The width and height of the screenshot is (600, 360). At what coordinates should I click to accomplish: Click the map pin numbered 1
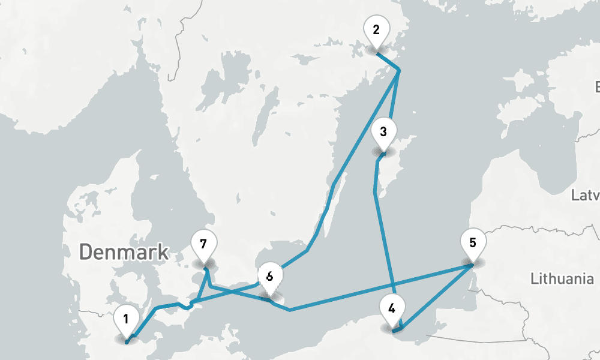[126, 320]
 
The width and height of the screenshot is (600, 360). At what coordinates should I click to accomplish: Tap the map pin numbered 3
[383, 132]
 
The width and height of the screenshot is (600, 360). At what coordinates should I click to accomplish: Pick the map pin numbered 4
[392, 310]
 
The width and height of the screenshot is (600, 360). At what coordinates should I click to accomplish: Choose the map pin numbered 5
[473, 244]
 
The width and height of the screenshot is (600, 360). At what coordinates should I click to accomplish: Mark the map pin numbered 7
[203, 245]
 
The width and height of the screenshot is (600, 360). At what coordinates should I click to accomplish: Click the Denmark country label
[124, 252]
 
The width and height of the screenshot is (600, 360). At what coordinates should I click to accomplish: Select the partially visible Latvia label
[585, 196]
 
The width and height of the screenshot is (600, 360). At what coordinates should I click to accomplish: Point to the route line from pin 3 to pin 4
[385, 252]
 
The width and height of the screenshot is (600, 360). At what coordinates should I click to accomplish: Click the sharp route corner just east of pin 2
[399, 71]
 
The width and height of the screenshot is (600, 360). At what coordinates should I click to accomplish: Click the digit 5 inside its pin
[473, 243]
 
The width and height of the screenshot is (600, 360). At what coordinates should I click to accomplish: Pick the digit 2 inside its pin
[376, 30]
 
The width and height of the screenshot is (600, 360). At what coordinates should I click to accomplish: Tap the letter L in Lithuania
[534, 278]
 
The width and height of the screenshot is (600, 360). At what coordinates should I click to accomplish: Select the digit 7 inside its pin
[203, 244]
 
